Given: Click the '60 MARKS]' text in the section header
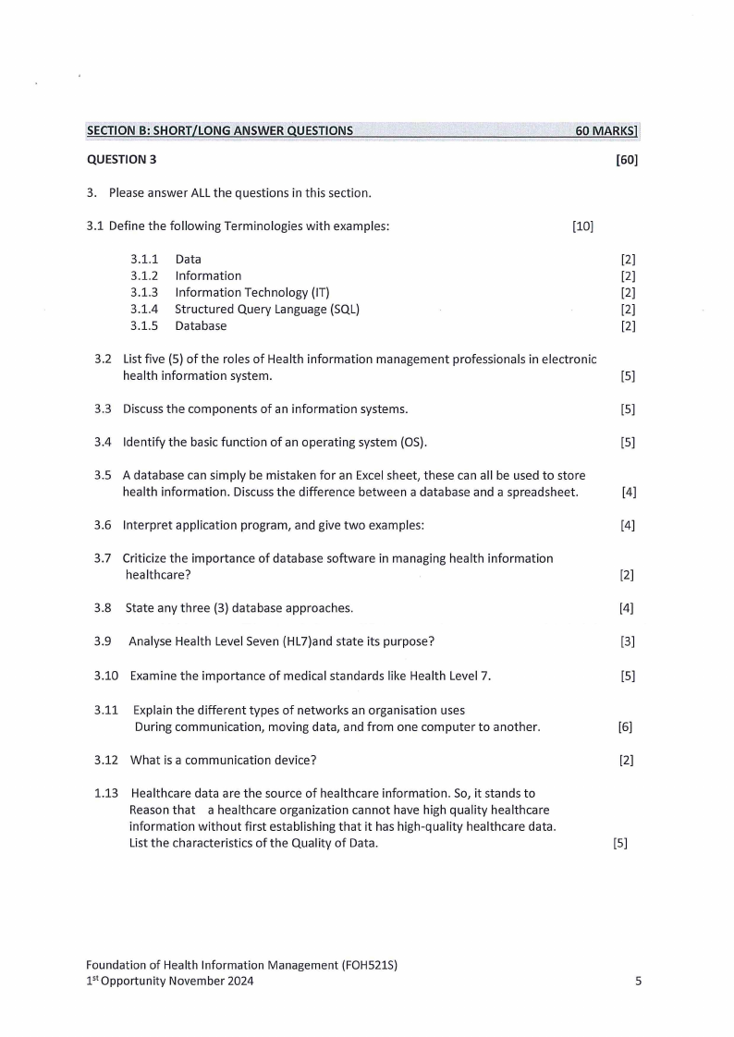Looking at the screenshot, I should (x=606, y=131).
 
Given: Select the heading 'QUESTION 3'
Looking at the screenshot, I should (x=121, y=160).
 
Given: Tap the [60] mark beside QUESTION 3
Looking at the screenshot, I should (x=627, y=160).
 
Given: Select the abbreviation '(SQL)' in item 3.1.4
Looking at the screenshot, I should (x=341, y=310).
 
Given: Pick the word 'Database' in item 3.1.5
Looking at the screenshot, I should (x=201, y=326).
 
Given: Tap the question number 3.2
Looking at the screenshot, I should (x=103, y=359).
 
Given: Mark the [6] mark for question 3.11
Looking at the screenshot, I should (x=625, y=727).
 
